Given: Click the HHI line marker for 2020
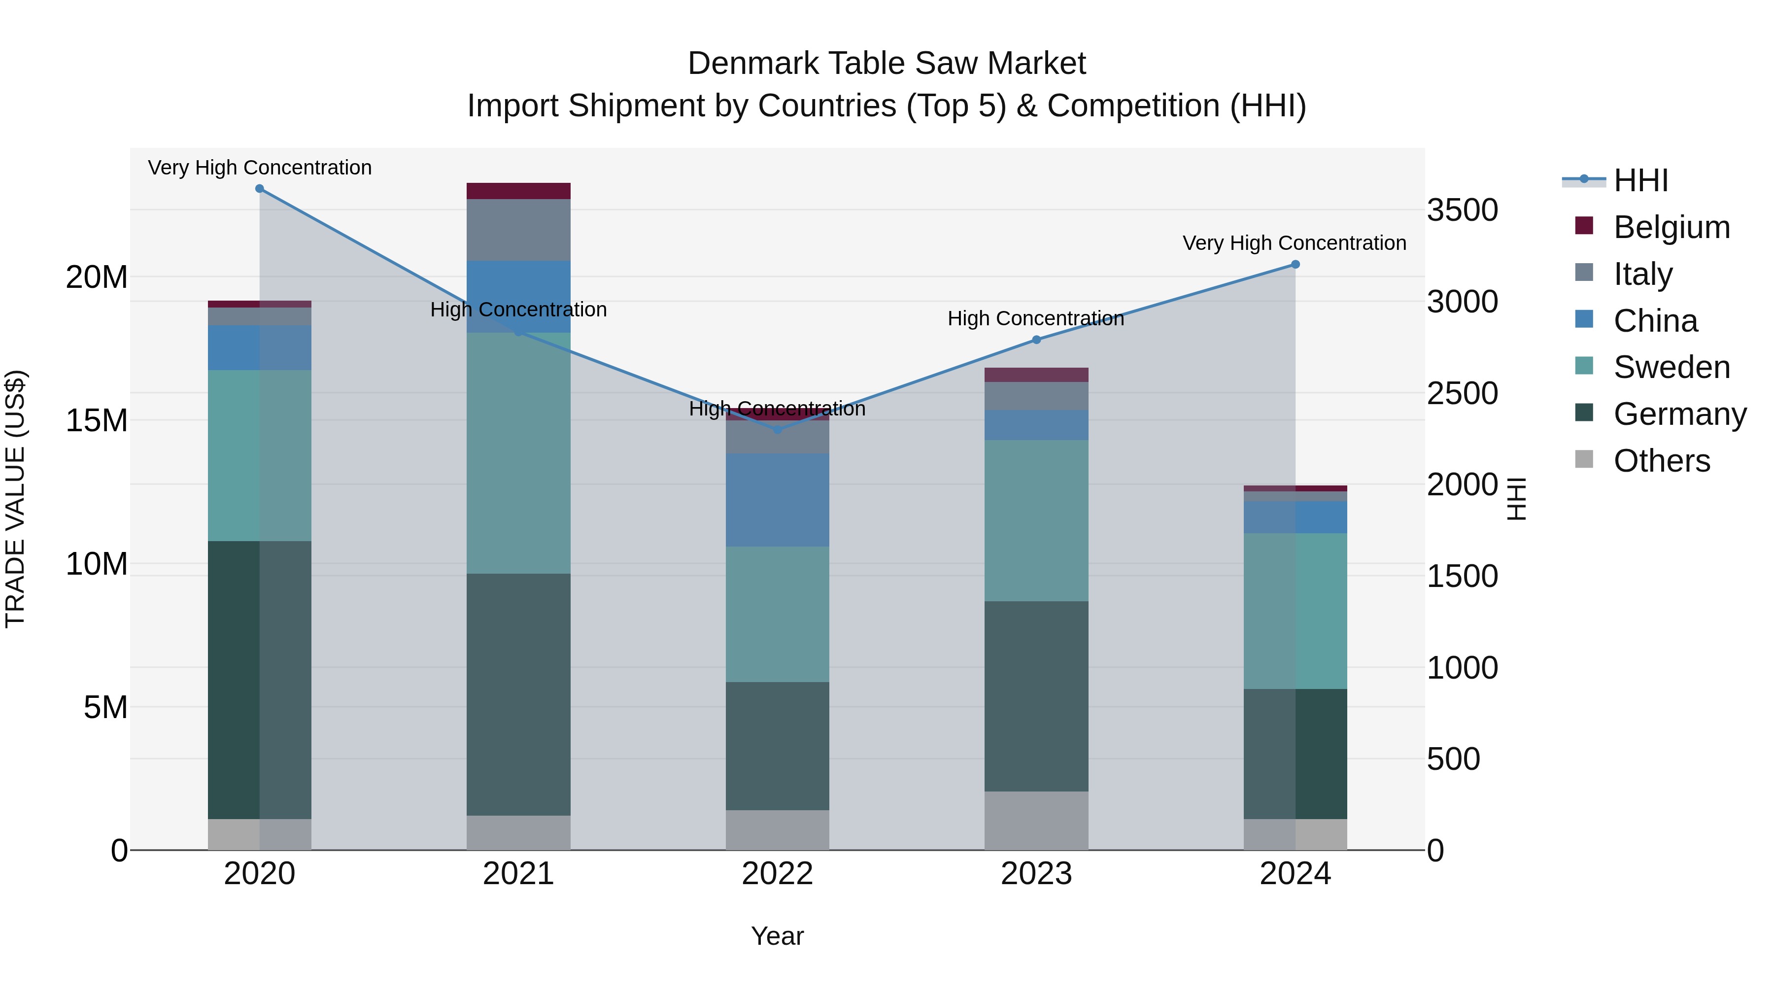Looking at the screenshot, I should click(x=260, y=189).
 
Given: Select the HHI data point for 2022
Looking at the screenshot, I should click(x=778, y=430).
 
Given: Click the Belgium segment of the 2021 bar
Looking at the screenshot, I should click(x=518, y=191).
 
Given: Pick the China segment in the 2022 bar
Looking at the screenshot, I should click(x=778, y=500).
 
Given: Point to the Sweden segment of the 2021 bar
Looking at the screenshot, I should click(x=518, y=453).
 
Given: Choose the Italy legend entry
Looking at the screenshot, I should click(x=1642, y=274).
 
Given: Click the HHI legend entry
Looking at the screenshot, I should click(x=1640, y=180).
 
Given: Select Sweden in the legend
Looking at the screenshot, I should click(x=1672, y=367).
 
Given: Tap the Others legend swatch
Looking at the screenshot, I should click(x=1584, y=459).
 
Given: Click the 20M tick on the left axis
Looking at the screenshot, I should click(x=97, y=277).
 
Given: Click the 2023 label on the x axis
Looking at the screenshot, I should click(x=1036, y=874).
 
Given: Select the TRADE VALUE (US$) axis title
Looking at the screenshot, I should click(x=15, y=499).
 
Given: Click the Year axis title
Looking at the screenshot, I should click(x=778, y=936).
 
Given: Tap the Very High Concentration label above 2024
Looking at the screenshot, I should click(x=1294, y=243).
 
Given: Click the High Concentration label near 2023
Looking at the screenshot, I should click(x=1036, y=318).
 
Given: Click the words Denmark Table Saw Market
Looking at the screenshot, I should click(x=887, y=64).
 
